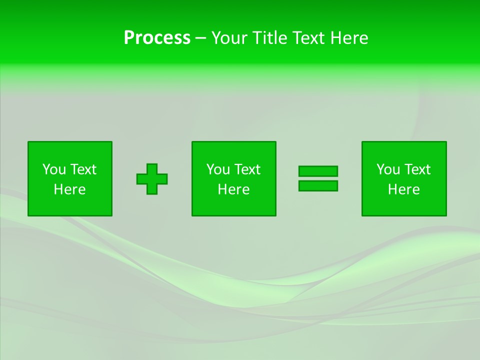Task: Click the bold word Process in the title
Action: [157, 38]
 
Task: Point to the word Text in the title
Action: [309, 38]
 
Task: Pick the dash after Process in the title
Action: [200, 38]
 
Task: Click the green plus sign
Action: [152, 178]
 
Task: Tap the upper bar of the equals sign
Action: [318, 171]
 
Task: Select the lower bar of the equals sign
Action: [318, 185]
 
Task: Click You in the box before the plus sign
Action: [54, 169]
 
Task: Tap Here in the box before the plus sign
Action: [69, 189]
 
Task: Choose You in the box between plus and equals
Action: [218, 169]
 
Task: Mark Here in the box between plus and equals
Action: [233, 189]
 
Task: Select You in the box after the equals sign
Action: [388, 169]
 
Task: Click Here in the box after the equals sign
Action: [403, 189]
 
